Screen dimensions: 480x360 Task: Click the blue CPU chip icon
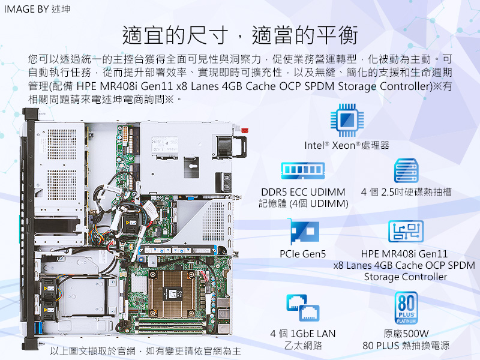click(x=347, y=119)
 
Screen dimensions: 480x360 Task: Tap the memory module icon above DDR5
click(x=303, y=170)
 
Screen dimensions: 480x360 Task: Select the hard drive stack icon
click(x=406, y=170)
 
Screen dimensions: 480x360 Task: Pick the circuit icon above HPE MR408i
click(x=406, y=231)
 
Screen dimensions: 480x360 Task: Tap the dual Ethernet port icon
click(x=303, y=308)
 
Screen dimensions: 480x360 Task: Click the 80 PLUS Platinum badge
click(x=406, y=308)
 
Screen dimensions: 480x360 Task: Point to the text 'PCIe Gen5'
click(x=303, y=254)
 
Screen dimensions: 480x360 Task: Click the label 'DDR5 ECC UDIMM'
click(x=303, y=192)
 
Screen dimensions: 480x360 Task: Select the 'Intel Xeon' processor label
click(x=347, y=145)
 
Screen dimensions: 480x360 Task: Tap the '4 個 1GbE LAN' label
click(x=303, y=334)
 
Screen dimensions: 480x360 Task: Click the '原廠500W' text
click(x=406, y=334)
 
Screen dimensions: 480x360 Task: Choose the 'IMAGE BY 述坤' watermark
click(x=37, y=9)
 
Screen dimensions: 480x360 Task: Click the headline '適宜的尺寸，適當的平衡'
click(x=240, y=35)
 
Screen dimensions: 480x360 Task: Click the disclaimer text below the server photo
click(x=146, y=351)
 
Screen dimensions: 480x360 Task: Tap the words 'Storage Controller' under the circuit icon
click(x=406, y=277)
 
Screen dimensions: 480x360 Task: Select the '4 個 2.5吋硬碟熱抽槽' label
click(x=406, y=192)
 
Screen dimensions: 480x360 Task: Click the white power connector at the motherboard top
click(x=125, y=133)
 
